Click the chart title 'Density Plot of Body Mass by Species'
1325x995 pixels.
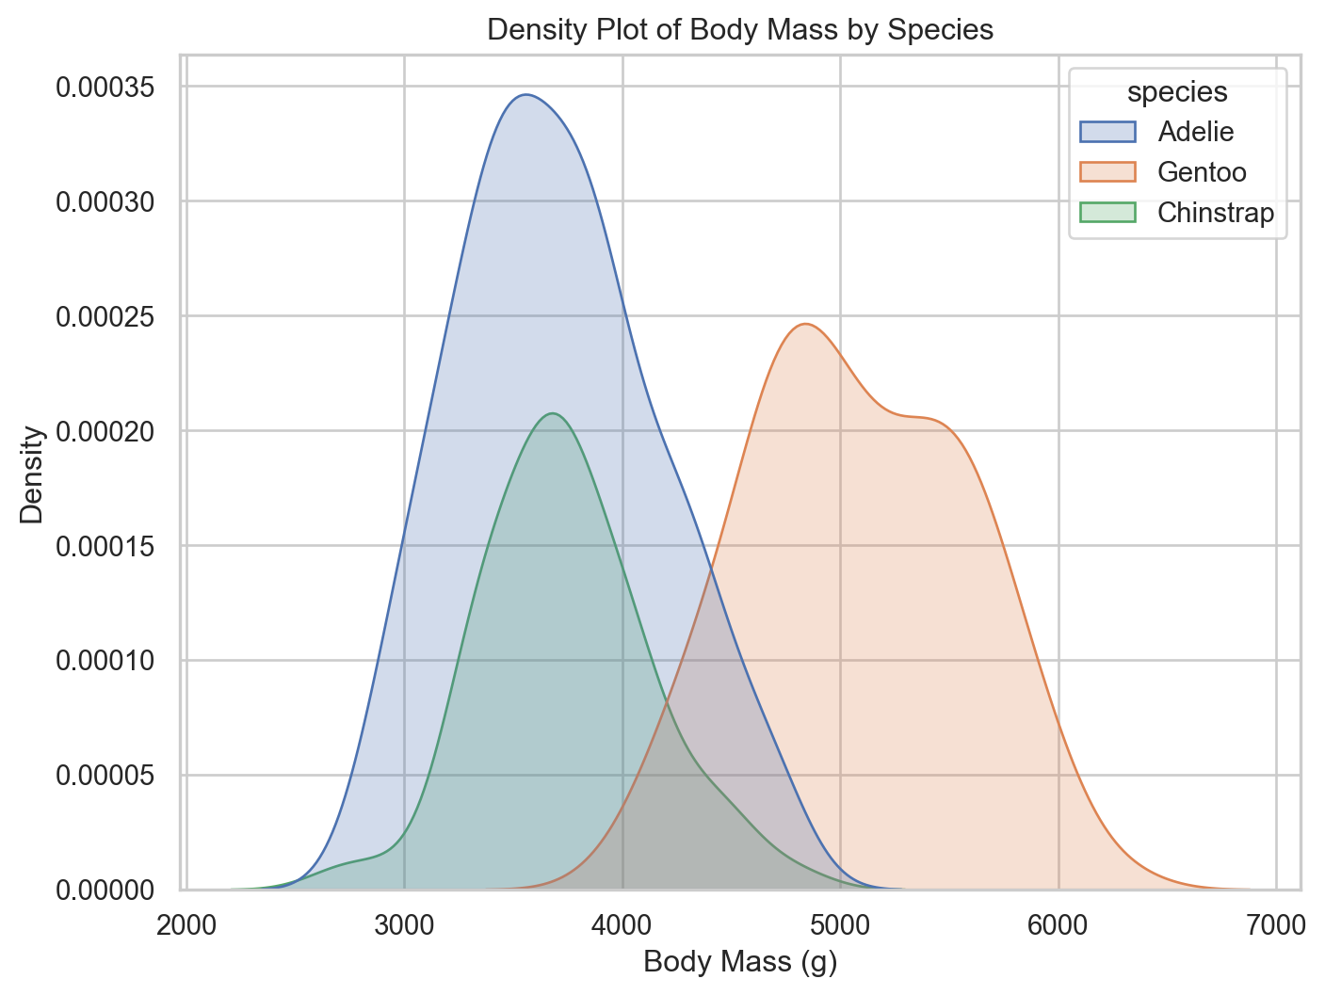739,30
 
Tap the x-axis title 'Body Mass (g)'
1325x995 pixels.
739,963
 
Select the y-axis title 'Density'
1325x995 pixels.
32,474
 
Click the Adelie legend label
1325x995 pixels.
1195,132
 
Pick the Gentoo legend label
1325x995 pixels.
1202,172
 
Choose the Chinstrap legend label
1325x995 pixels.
1215,213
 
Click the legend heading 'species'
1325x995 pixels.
1177,91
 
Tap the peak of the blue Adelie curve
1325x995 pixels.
525,95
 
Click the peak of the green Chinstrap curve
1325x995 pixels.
552,413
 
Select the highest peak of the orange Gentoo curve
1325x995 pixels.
805,325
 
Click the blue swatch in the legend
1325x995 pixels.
1107,132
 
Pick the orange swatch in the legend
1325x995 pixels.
1107,172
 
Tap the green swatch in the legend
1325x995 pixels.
1107,213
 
